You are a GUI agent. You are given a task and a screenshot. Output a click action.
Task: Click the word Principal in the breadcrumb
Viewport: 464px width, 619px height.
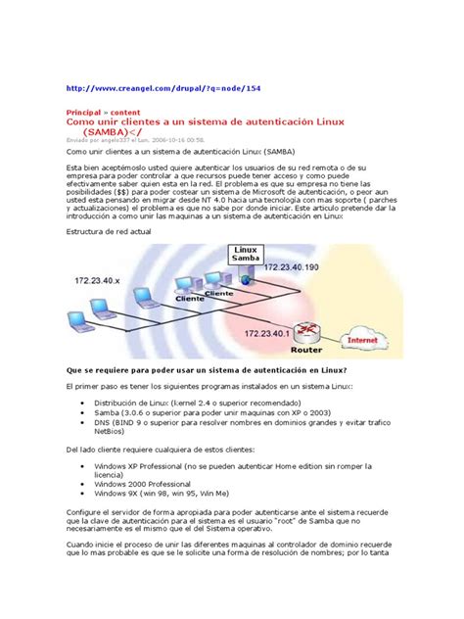tap(83, 113)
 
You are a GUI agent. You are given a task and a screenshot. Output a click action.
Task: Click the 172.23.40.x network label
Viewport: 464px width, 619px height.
tap(107, 281)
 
